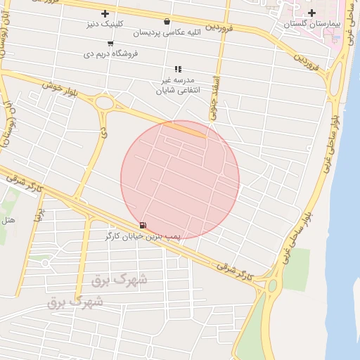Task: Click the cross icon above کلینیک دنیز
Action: [105, 13]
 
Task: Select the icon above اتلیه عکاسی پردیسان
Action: [167, 22]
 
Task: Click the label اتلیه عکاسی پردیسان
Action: [167, 33]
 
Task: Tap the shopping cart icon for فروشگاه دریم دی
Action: [110, 43]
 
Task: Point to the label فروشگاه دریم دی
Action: [111, 53]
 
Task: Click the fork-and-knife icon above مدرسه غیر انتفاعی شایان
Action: [178, 69]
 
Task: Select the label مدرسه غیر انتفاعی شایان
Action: [179, 85]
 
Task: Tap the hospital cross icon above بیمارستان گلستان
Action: [311, 13]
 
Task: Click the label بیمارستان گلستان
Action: [312, 24]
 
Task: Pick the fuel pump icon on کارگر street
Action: [143, 225]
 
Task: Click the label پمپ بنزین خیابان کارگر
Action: [144, 237]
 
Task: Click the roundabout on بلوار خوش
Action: [106, 104]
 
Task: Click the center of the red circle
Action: [180, 179]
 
